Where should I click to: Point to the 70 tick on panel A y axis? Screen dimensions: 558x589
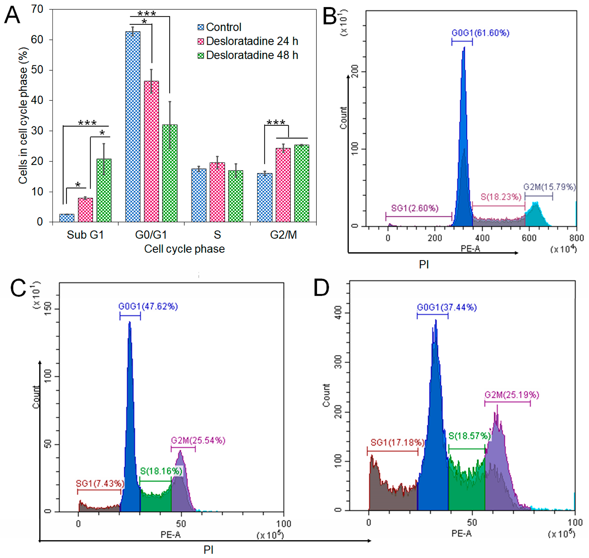pyautogui.click(x=37, y=9)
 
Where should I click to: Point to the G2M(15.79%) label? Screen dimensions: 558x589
pyautogui.click(x=549, y=187)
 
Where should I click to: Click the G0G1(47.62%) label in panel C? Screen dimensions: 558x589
pyautogui.click(x=148, y=306)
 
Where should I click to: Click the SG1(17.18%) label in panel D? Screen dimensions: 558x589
pyautogui.click(x=397, y=443)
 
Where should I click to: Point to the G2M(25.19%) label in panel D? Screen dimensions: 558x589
pyautogui.click(x=512, y=395)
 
